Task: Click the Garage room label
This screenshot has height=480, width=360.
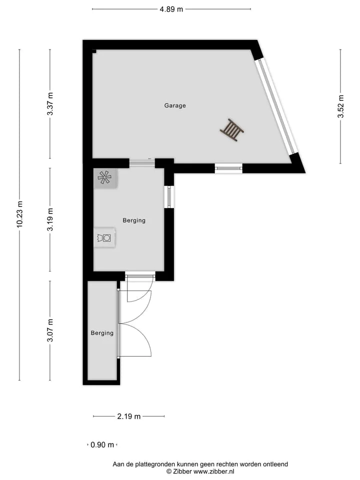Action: click(175, 105)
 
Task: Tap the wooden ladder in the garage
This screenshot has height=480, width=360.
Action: click(232, 130)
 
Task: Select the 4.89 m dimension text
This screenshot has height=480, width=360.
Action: click(171, 9)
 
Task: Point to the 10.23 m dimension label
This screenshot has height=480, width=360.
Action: click(19, 214)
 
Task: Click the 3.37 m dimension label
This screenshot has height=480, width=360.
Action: click(50, 104)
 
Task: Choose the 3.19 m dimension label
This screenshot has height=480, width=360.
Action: click(50, 219)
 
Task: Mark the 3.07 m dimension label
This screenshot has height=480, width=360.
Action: click(50, 330)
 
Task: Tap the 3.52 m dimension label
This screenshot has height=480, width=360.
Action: click(340, 106)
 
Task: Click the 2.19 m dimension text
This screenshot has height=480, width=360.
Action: click(129, 416)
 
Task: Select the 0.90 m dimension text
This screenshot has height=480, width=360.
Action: click(102, 445)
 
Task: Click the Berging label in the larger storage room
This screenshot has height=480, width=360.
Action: click(134, 220)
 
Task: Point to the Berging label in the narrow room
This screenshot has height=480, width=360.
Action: click(102, 333)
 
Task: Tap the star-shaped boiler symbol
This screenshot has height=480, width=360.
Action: click(104, 178)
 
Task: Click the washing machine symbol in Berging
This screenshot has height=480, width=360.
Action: click(104, 237)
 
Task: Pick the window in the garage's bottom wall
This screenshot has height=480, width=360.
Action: click(228, 168)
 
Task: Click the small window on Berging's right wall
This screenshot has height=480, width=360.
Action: click(169, 196)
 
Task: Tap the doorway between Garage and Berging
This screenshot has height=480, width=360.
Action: click(142, 163)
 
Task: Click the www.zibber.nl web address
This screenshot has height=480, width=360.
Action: click(213, 471)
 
